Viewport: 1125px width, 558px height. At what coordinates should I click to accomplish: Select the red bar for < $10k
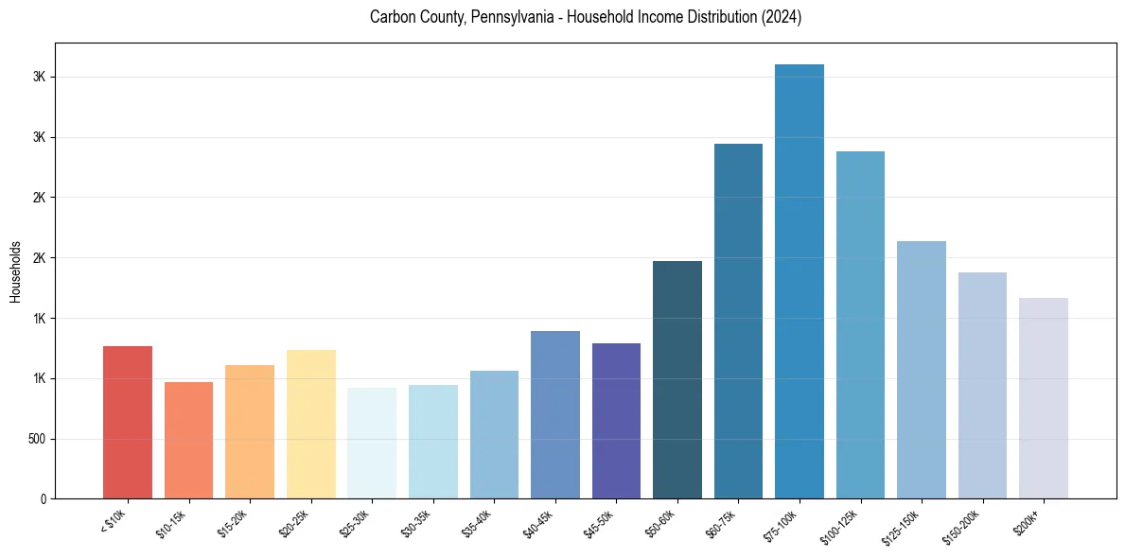(x=128, y=423)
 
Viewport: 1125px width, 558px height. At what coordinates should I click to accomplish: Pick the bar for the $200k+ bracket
(x=1044, y=398)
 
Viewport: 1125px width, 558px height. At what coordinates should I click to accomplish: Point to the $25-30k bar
(x=372, y=444)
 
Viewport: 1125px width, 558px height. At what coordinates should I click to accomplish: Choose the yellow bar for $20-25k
(x=311, y=425)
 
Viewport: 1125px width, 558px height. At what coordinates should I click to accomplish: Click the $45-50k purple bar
(x=616, y=421)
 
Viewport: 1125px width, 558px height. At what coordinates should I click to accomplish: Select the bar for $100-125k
(x=860, y=325)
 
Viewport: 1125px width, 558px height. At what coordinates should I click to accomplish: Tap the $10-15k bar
(x=188, y=441)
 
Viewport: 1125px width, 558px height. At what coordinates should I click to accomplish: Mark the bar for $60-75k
(x=738, y=322)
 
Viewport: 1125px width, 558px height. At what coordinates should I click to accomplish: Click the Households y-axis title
(x=15, y=271)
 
